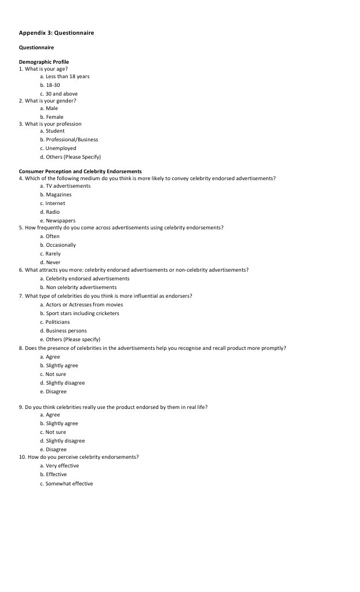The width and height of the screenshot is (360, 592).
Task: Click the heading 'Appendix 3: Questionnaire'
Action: (56, 33)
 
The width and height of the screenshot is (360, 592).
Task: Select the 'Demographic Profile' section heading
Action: (44, 62)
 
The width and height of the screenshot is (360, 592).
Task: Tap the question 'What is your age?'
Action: (46, 69)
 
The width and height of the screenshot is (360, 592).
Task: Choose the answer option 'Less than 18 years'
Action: (64, 76)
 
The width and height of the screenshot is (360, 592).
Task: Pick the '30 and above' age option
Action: (59, 94)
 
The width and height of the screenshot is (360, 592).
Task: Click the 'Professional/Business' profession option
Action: (69, 140)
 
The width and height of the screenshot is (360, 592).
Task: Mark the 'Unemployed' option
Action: (58, 148)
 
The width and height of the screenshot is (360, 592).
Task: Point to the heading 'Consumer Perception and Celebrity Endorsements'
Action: (80, 171)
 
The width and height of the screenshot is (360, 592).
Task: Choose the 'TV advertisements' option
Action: (65, 186)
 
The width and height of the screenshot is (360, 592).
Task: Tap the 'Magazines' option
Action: (56, 195)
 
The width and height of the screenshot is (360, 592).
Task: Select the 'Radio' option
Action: (50, 212)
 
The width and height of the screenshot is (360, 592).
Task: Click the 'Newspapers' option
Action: (57, 221)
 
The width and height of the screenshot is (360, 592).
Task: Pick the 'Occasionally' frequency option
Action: (58, 245)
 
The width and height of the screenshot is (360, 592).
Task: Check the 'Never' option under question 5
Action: (50, 262)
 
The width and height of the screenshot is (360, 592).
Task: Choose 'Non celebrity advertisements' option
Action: (78, 287)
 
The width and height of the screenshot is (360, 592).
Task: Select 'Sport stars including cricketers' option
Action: (79, 313)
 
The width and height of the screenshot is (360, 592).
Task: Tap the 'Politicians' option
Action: (54, 322)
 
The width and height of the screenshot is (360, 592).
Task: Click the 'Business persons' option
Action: (63, 331)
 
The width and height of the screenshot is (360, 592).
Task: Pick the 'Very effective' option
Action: (59, 466)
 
